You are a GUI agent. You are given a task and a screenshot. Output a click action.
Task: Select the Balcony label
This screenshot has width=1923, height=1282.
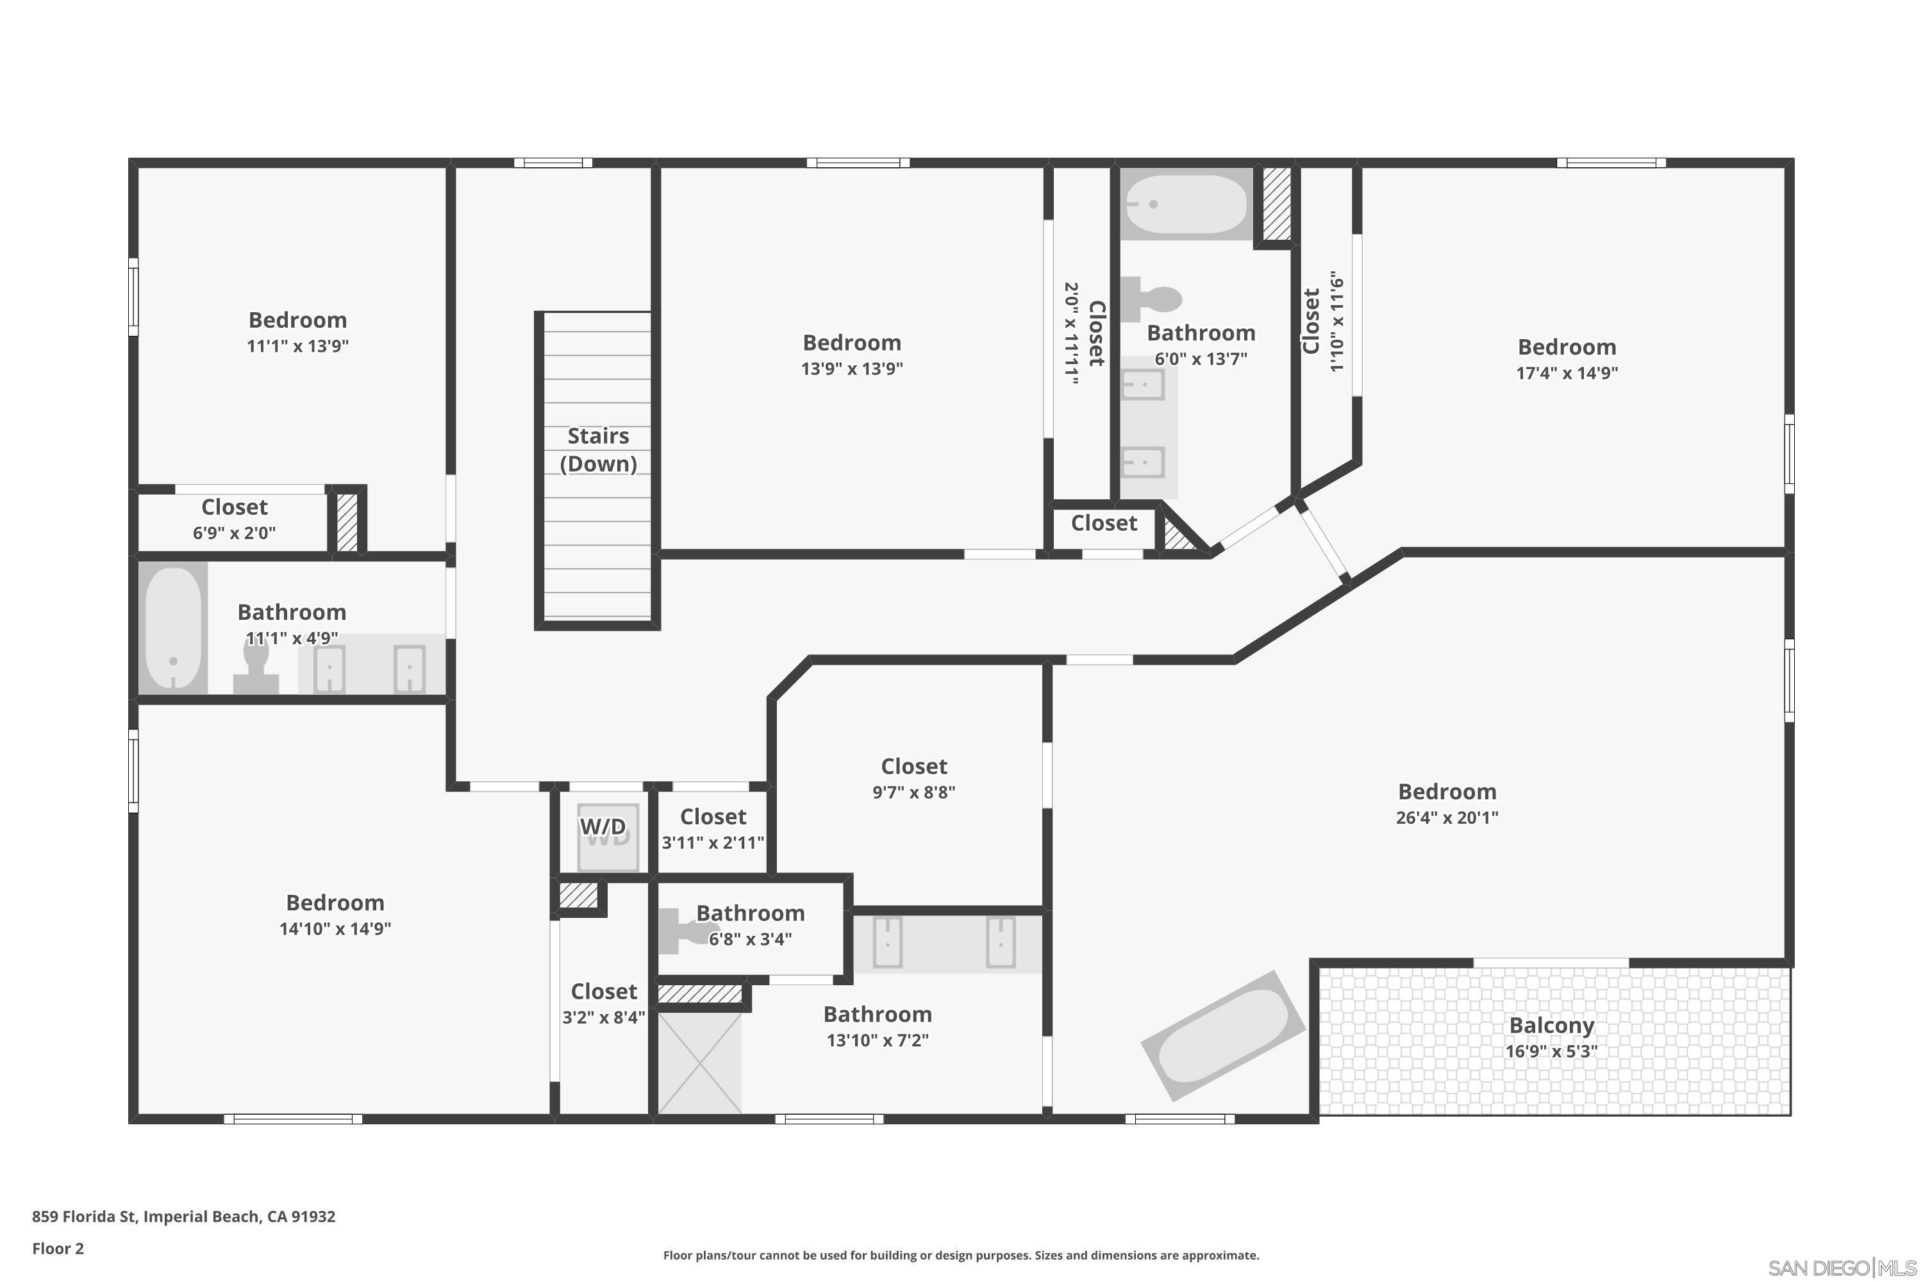point(1551,1025)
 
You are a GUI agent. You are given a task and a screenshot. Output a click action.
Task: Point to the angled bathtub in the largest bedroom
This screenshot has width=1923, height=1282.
point(1222,1035)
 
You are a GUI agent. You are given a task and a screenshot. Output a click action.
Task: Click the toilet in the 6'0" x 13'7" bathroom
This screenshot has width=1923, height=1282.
point(1153,299)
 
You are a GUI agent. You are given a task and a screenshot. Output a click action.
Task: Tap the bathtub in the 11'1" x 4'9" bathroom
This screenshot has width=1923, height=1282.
point(173,627)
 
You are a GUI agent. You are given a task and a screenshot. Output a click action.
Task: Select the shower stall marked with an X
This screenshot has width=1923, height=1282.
point(700,1063)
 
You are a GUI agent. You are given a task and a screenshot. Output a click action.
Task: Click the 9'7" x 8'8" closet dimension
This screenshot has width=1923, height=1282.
point(913,792)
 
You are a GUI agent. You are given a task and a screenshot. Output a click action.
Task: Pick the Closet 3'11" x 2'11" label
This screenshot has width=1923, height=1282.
point(713,818)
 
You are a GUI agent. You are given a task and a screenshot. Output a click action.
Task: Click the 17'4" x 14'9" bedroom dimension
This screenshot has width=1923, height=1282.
point(1567,373)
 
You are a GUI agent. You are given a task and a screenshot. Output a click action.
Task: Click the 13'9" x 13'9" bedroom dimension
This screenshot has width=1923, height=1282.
point(851,369)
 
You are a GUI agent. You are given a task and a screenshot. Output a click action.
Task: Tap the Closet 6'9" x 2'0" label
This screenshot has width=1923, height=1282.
point(234,508)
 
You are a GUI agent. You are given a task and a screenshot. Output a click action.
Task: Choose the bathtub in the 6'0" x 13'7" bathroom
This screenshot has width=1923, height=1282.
point(1185,204)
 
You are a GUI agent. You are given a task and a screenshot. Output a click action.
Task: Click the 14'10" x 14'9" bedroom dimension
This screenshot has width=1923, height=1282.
point(335,929)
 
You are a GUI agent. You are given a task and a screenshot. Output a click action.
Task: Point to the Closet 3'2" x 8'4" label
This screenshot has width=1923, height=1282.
point(603,992)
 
